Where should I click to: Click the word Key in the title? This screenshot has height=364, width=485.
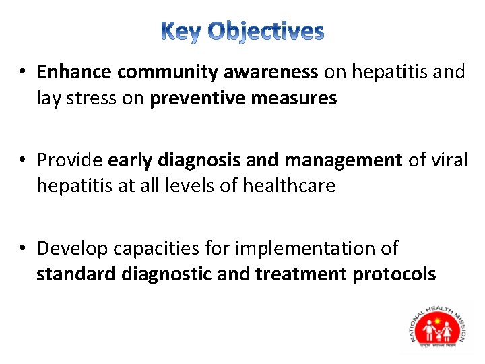click(x=182, y=32)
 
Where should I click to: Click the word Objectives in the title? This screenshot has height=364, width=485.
click(x=265, y=32)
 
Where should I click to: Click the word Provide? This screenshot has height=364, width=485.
click(x=70, y=160)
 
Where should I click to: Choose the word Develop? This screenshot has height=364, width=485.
click(x=73, y=249)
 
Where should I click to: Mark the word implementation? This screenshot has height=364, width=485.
click(x=302, y=249)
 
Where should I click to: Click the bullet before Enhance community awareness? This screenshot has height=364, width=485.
click(x=23, y=73)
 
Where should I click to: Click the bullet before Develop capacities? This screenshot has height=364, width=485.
click(x=23, y=249)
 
